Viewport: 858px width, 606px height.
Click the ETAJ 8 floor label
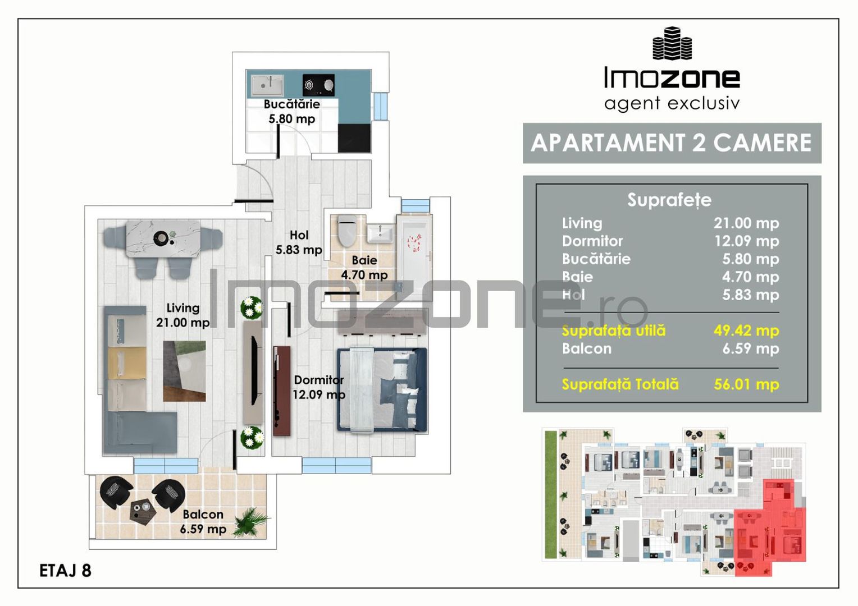(x=65, y=571)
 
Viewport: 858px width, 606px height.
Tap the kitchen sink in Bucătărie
(x=267, y=85)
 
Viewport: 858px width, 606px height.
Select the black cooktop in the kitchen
(x=318, y=85)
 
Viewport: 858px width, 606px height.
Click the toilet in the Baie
(x=347, y=231)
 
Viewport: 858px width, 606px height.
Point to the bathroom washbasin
(x=380, y=233)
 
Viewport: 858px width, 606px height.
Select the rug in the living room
(x=184, y=371)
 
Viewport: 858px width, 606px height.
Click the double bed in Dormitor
(x=382, y=390)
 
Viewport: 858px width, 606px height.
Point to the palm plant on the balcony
(x=250, y=521)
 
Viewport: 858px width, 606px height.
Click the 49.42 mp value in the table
(x=746, y=330)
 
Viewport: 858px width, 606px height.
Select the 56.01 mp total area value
(x=746, y=384)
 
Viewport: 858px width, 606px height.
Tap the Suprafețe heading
(x=669, y=200)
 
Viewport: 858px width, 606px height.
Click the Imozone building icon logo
(x=672, y=43)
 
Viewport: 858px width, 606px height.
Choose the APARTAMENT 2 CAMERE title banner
(x=672, y=143)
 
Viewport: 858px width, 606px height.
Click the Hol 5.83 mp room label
(x=299, y=242)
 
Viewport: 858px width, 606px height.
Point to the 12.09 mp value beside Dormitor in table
(x=746, y=241)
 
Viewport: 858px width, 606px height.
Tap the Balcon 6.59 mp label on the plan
(x=203, y=521)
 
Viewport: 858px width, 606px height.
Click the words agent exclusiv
(x=672, y=103)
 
